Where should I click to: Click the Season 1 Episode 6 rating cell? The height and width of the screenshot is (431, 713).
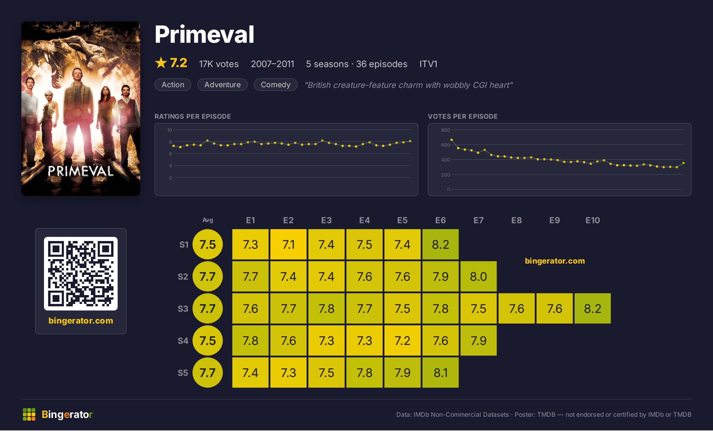[x=441, y=244]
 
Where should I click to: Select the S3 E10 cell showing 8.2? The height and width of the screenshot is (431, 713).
[x=593, y=308]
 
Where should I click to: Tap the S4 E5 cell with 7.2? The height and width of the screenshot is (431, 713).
[x=403, y=340]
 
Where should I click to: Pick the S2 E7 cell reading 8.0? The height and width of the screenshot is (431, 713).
[x=479, y=276]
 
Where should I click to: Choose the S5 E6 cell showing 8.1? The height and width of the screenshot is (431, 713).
[x=441, y=373]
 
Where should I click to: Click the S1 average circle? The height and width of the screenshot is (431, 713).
[x=208, y=244]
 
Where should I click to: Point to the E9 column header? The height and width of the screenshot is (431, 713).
[x=555, y=220]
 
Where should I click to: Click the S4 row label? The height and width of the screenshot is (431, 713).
[x=183, y=340]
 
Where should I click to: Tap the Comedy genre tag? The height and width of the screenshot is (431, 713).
[x=276, y=85]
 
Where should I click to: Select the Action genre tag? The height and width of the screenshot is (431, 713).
[x=173, y=85]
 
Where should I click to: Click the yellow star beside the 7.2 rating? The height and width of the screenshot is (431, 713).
[x=161, y=63]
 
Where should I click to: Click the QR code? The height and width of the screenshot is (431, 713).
[x=81, y=274]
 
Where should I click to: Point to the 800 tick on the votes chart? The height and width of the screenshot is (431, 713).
[x=445, y=130]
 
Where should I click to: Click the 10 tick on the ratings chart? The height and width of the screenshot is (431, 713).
[x=170, y=130]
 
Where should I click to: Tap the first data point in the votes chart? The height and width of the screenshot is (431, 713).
[x=452, y=140]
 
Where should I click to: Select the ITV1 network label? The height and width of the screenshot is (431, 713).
[x=428, y=64]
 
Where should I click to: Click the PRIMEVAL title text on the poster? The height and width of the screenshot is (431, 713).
[x=81, y=171]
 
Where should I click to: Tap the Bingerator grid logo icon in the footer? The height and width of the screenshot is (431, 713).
[x=29, y=414]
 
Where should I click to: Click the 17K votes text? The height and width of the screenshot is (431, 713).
[x=219, y=64]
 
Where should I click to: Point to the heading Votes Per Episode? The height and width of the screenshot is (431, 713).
[x=463, y=116]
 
